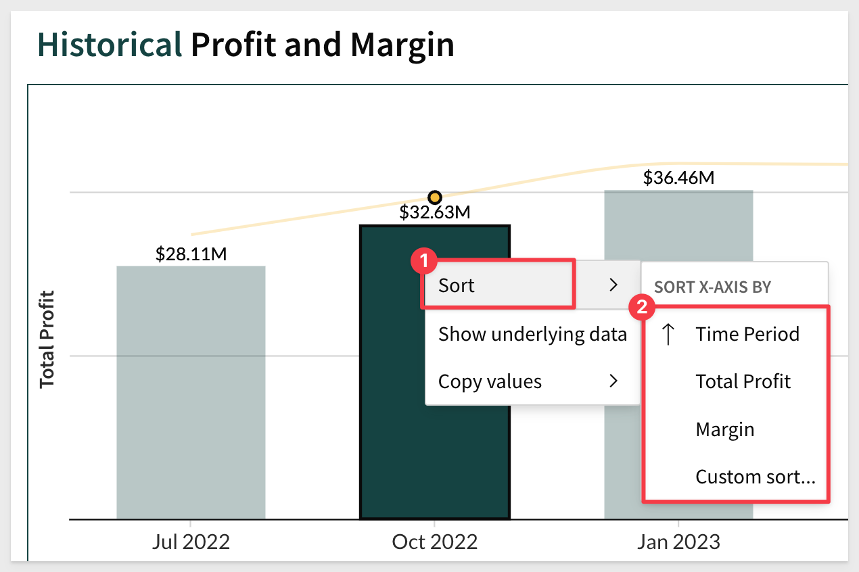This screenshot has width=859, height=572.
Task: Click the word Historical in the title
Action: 110,45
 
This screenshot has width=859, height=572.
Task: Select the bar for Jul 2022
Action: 191,392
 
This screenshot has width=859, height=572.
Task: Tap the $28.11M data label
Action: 191,254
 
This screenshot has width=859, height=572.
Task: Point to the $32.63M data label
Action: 434,212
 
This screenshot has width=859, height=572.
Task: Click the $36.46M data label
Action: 678,178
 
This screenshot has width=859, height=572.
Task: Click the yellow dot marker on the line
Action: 434,197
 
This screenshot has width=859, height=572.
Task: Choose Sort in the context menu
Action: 457,285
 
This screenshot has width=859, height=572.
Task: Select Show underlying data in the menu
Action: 532,334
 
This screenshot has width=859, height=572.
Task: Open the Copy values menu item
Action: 490,381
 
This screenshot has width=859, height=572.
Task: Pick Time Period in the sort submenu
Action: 747,334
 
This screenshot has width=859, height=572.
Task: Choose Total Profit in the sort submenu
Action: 743,381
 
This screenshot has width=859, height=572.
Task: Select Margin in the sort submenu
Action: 725,429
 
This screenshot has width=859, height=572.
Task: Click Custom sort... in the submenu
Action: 755,477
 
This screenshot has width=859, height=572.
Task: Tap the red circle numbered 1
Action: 423,261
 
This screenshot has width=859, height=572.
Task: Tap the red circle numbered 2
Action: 642,307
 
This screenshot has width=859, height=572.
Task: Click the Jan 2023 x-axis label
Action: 678,542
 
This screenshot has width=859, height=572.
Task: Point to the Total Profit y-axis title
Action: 47,339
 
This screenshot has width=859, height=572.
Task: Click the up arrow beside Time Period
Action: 668,334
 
